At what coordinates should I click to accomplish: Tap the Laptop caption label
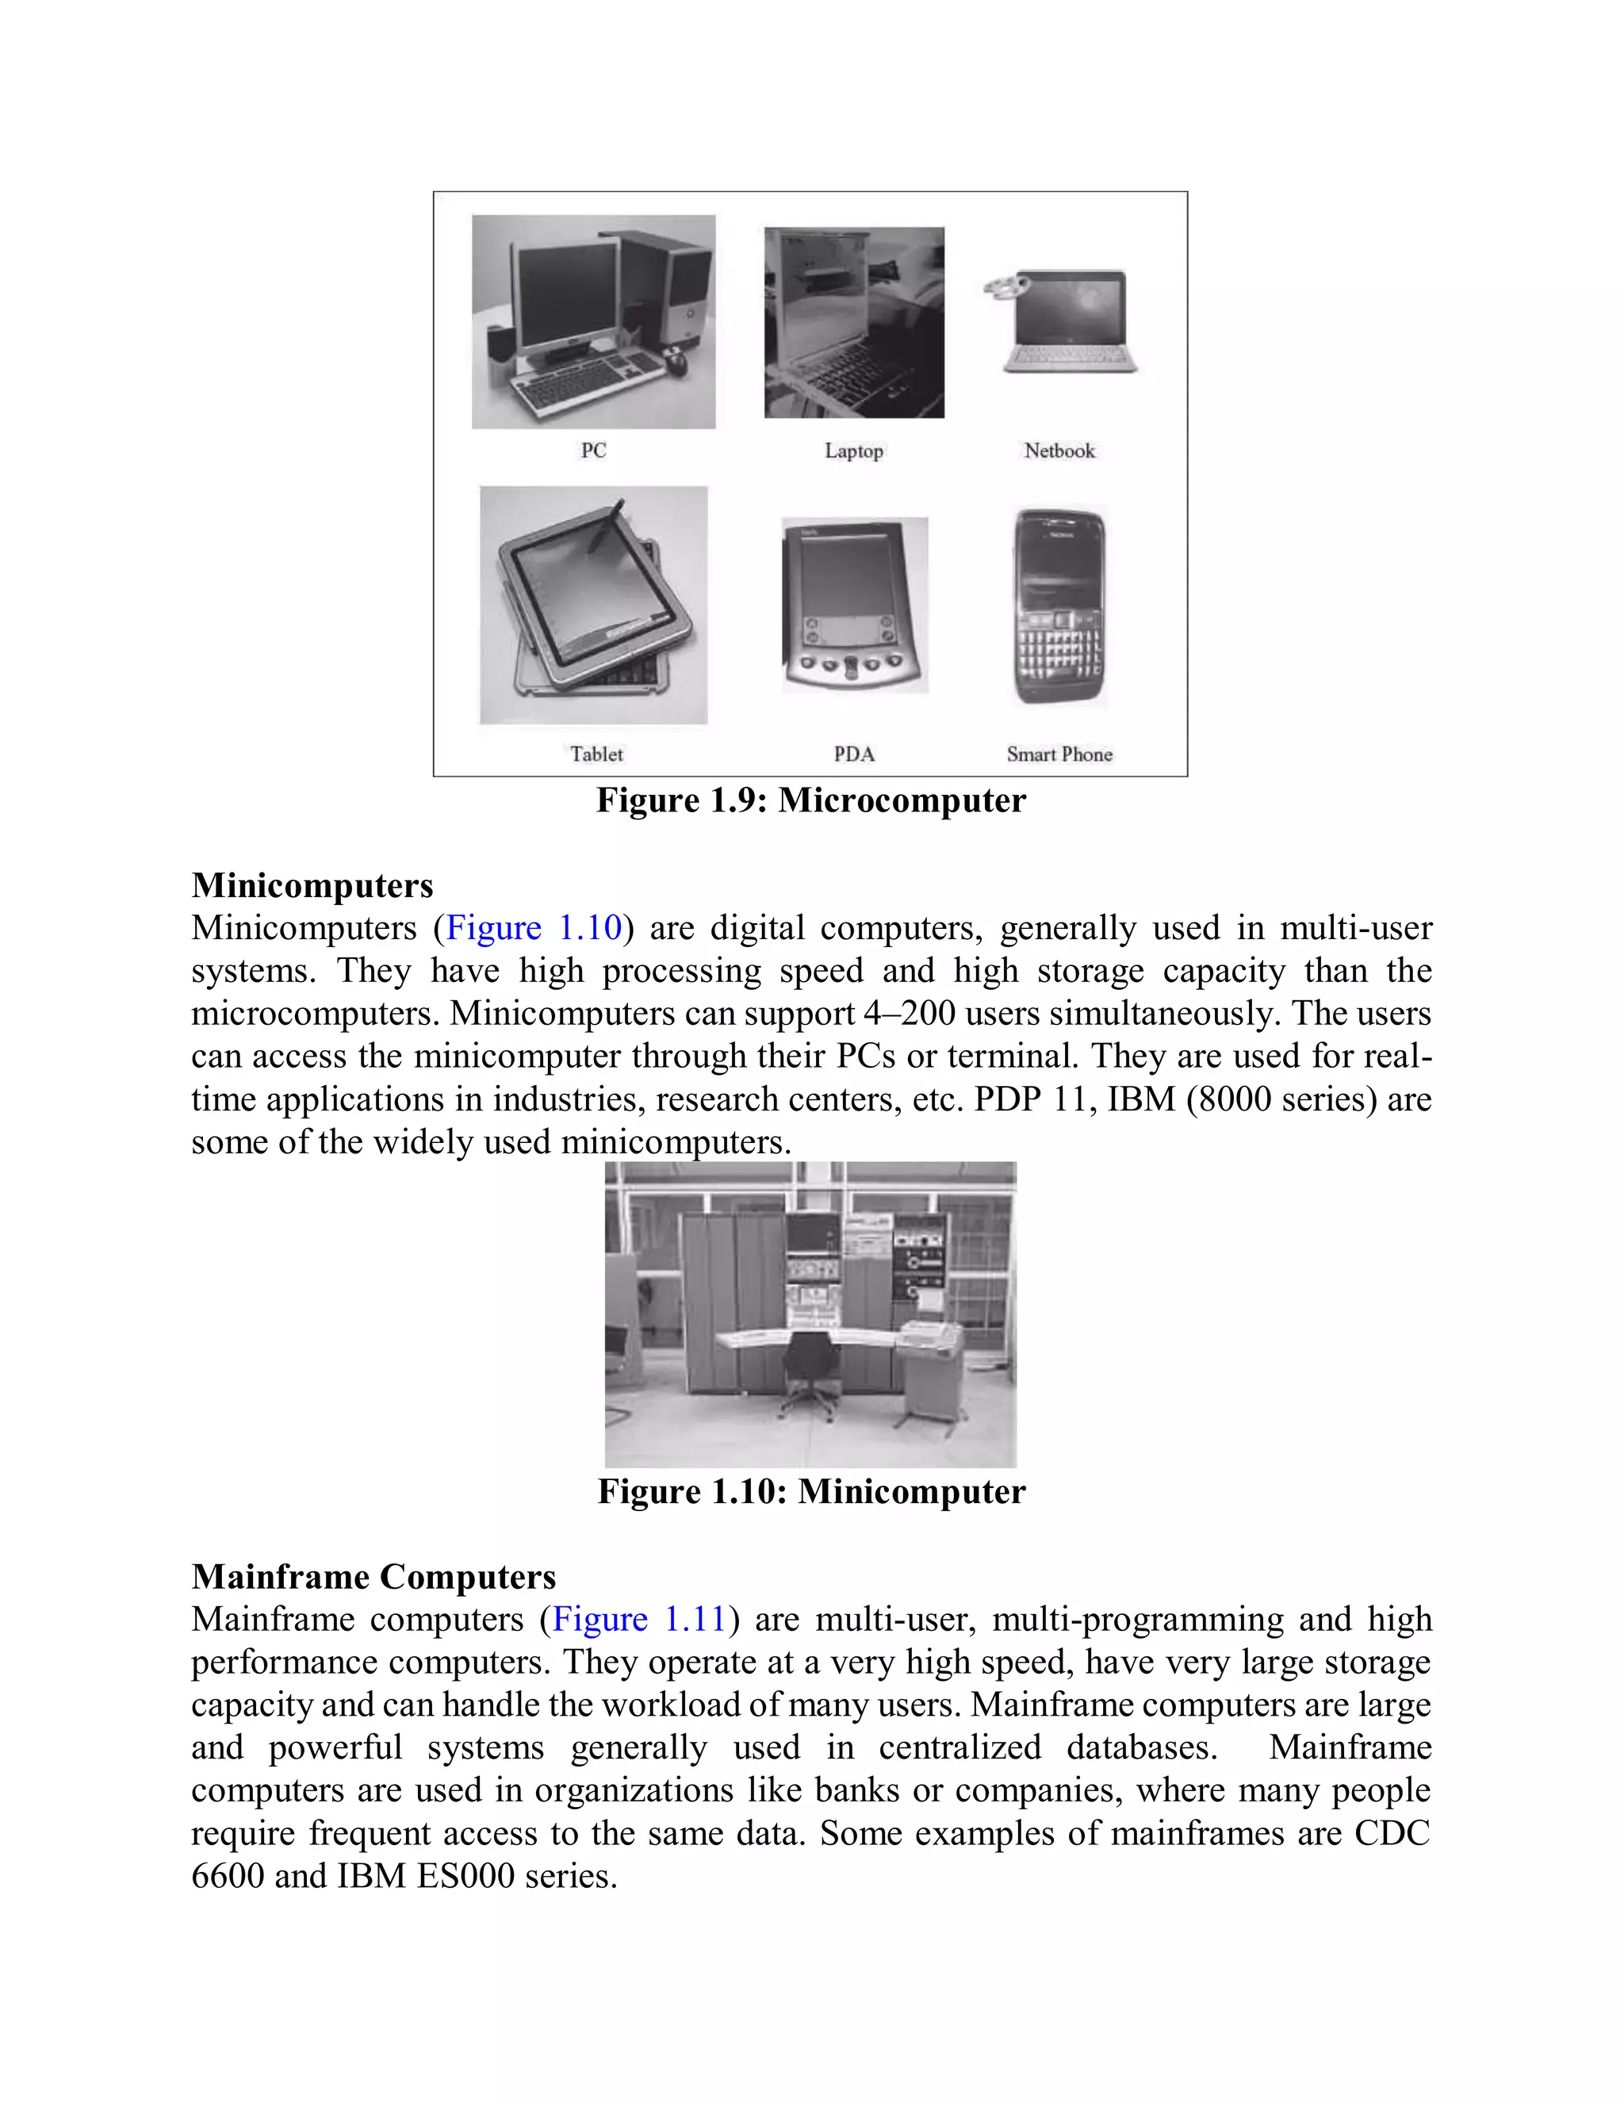coord(853,451)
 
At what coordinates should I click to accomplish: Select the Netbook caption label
coord(1059,451)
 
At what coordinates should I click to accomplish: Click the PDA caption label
coord(854,754)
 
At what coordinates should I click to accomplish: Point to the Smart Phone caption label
coord(1059,754)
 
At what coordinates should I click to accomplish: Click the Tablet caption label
coord(596,754)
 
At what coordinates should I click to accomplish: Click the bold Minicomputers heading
coord(312,885)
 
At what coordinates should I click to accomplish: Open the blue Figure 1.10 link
coord(534,928)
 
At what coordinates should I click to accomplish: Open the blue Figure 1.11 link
coord(639,1619)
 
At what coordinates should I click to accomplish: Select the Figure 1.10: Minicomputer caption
coord(811,1492)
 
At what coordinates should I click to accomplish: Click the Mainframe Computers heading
coord(373,1577)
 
